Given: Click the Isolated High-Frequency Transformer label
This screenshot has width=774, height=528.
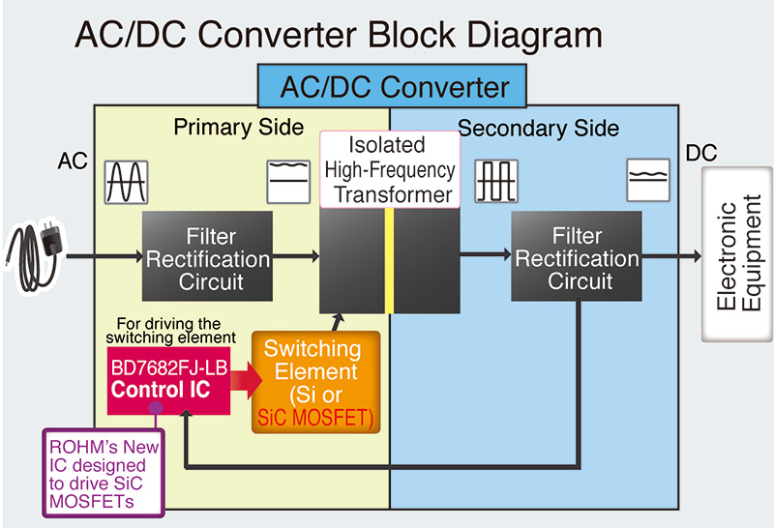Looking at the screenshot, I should click(389, 169).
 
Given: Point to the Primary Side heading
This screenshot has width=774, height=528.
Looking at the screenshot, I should click(238, 128).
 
